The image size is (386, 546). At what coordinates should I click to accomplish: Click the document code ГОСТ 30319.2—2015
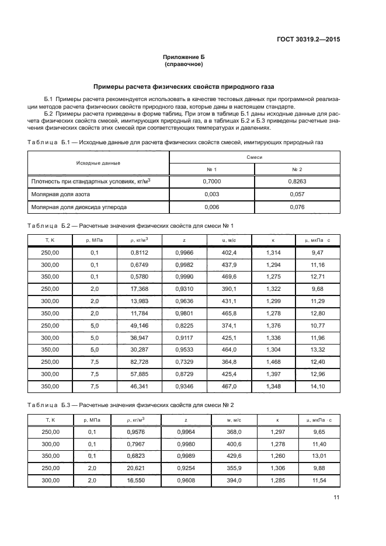(308, 39)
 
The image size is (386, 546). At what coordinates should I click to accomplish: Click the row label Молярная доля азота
(61, 194)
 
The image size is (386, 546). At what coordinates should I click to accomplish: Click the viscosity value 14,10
(318, 386)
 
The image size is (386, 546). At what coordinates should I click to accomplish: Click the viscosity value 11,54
(318, 480)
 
